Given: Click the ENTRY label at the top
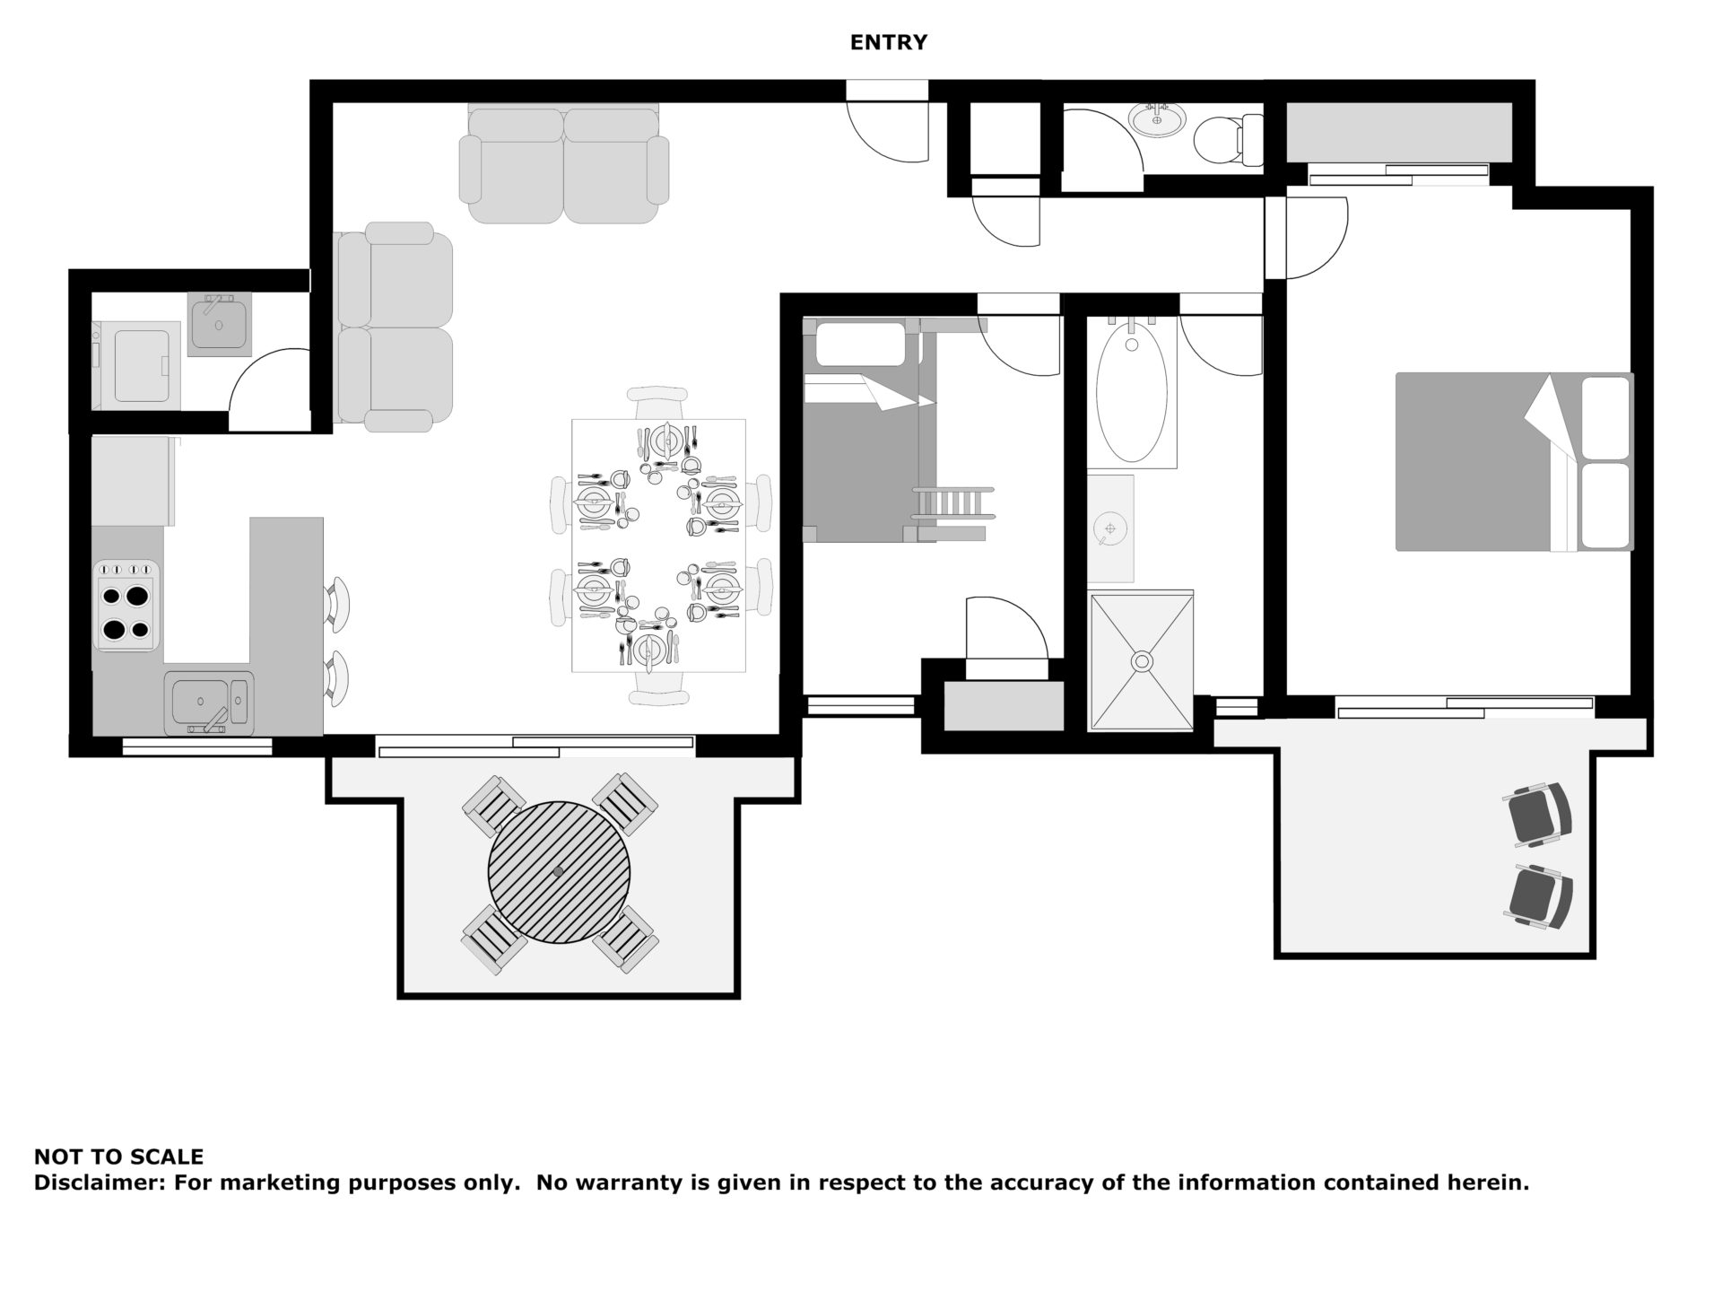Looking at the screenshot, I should pyautogui.click(x=888, y=42).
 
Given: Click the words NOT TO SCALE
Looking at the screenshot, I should pyautogui.click(x=118, y=1157).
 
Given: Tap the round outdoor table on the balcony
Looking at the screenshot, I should pyautogui.click(x=559, y=871).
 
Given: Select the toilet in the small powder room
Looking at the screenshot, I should pyautogui.click(x=1224, y=139).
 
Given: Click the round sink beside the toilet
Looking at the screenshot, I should pyautogui.click(x=1157, y=119).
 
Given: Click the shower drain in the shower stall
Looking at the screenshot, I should pyautogui.click(x=1141, y=662).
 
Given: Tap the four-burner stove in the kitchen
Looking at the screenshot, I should pyautogui.click(x=126, y=606).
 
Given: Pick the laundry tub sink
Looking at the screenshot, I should pyautogui.click(x=220, y=324).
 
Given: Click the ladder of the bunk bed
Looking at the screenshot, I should pyautogui.click(x=953, y=516).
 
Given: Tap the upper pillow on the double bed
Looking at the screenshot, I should pyautogui.click(x=1605, y=417).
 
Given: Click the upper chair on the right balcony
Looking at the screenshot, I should pyautogui.click(x=1539, y=814).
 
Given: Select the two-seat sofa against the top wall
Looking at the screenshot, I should pyautogui.click(x=564, y=166).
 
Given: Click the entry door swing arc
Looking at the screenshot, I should pyautogui.click(x=888, y=135).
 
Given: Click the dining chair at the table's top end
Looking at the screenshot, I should pyautogui.click(x=658, y=401).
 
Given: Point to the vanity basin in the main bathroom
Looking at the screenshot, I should pyautogui.click(x=1109, y=528).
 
